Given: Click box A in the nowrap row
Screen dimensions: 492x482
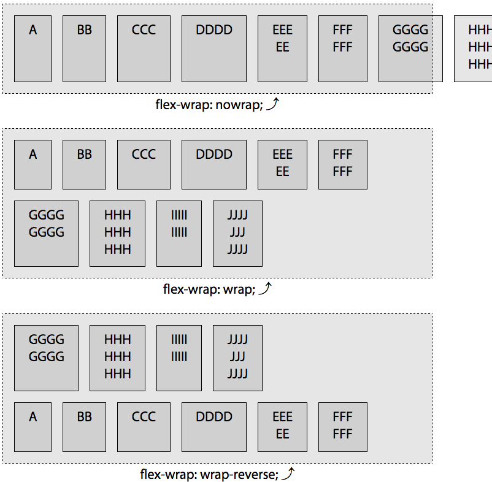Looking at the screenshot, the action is click(33, 48).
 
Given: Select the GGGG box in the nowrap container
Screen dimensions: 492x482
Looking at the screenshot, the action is click(410, 48).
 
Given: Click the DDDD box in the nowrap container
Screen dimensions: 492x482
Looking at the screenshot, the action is click(213, 48).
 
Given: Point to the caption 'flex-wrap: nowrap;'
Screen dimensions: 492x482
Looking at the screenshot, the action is click(209, 104).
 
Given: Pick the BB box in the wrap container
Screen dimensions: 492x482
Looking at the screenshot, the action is click(84, 164).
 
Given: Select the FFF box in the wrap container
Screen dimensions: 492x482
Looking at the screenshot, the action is click(342, 164).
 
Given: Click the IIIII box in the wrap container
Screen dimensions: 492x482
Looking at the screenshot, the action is click(179, 233).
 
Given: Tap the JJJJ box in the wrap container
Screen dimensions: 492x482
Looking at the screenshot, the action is click(237, 233).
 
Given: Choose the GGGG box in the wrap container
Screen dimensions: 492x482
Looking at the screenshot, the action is click(46, 233).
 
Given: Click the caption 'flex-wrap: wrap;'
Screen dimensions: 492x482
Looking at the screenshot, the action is click(209, 289).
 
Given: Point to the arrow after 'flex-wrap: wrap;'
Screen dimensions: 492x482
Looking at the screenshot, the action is click(264, 288).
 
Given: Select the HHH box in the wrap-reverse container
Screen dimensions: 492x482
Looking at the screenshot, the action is click(117, 358).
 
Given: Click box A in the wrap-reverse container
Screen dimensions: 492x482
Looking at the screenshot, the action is click(33, 427).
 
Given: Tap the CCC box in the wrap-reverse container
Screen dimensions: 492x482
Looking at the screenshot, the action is click(144, 427).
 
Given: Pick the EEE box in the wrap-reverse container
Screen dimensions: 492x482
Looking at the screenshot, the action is click(282, 427).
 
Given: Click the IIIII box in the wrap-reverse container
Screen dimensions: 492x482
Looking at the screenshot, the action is click(179, 358).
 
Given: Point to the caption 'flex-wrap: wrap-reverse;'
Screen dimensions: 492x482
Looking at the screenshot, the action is click(209, 474).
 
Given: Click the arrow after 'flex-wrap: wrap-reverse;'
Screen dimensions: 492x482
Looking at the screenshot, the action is click(288, 473).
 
